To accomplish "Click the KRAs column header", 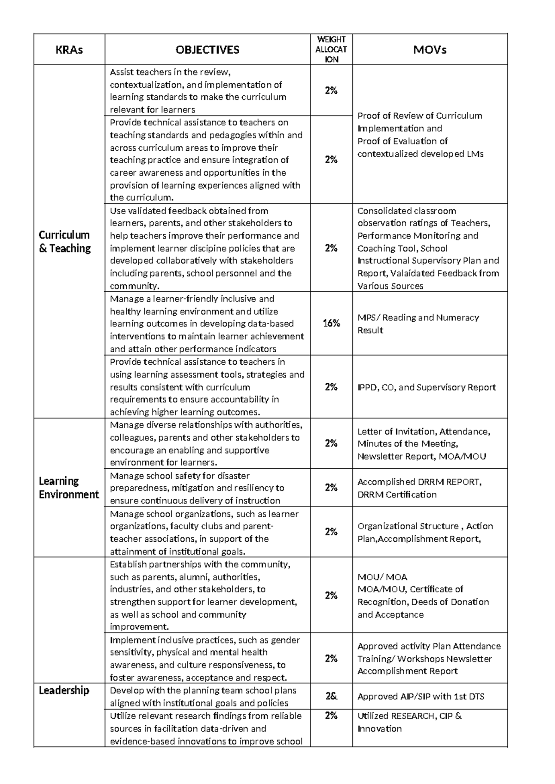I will pos(69,50).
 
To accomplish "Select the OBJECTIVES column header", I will pos(207,50).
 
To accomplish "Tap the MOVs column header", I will pos(430,50).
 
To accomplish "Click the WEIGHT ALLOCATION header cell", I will pos(331,49).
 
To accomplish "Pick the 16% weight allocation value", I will pos(331,324).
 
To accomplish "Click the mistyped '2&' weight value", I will pos(331,696).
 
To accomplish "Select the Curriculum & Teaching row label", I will pos(64,241).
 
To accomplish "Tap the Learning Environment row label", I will pos(68,488).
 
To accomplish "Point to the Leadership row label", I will pos(64,691).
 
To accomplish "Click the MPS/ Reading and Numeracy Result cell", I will pos(418,324).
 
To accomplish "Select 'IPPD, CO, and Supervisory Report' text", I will pos(426,387).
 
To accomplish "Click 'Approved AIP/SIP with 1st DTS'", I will pos(421,697).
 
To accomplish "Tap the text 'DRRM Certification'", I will pos(397,495).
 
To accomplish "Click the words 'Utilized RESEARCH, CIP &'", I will pos(409,716).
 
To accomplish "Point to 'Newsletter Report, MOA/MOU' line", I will pos(421,457).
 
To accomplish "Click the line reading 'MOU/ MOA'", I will pos(382,577).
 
